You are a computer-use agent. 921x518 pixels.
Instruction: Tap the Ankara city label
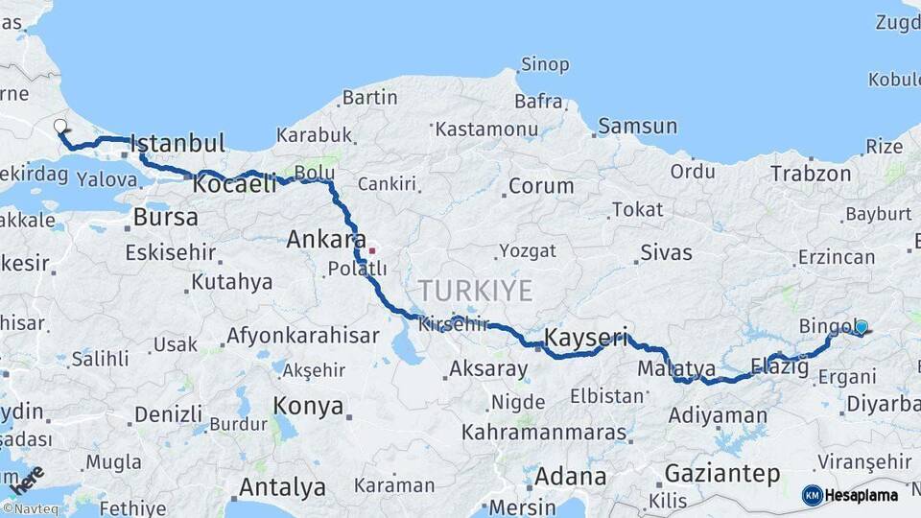[326, 240]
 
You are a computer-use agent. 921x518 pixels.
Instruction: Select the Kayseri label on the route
[586, 338]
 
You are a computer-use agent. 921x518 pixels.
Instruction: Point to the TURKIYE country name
[474, 291]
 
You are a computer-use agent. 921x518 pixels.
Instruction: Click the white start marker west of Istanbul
[60, 126]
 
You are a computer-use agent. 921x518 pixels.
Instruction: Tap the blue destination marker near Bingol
[861, 327]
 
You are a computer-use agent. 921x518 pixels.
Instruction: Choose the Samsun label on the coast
[637, 126]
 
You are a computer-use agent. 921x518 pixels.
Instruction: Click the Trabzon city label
[810, 174]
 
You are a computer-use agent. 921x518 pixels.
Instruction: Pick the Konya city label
[308, 406]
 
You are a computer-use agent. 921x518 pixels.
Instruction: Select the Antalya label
[282, 487]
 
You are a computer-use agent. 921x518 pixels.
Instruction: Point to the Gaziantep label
[721, 473]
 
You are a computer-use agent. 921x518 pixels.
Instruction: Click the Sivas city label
[665, 253]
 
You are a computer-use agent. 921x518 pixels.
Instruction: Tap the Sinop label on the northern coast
[545, 65]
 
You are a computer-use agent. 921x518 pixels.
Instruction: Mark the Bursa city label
[165, 217]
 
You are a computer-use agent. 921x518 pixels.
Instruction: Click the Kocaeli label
[234, 183]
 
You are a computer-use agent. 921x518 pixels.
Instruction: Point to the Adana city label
[570, 477]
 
